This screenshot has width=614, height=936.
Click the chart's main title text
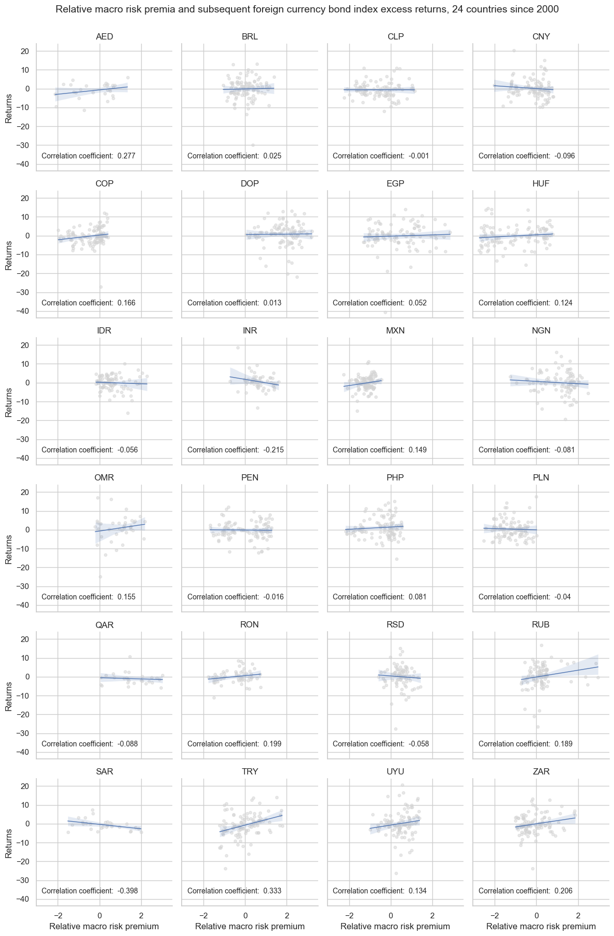[307, 9]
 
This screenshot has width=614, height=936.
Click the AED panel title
[104, 36]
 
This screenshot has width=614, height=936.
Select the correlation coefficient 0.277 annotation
[88, 156]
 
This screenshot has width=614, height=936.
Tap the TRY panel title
[250, 771]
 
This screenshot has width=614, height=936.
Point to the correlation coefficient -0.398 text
[89, 891]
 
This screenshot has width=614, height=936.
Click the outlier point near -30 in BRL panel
[253, 145]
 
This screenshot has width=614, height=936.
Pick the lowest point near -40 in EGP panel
[385, 312]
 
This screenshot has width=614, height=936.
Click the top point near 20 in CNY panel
[514, 50]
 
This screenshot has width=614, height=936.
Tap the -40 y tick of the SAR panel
[24, 899]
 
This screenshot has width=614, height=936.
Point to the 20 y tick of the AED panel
[25, 51]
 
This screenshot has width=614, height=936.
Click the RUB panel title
[541, 624]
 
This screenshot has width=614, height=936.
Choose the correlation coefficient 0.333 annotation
[234, 891]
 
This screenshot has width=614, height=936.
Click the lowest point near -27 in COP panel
[101, 287]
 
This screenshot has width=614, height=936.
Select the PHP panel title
[395, 477]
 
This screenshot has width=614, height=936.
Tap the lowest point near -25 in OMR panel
[100, 577]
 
